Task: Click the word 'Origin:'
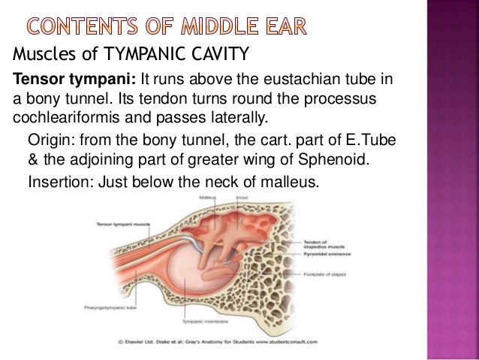tap(48, 141)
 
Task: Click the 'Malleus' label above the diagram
tap(208, 196)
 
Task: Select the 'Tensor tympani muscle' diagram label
tap(122, 225)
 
